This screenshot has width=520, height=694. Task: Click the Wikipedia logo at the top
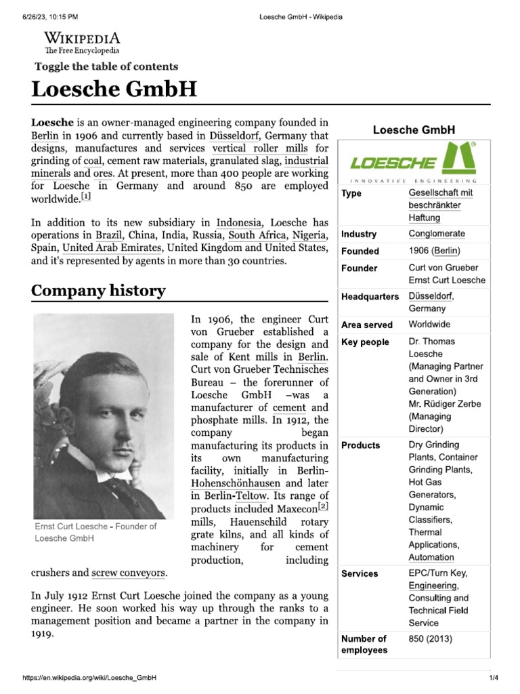point(82,42)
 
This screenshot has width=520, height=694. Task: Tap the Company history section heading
point(98,291)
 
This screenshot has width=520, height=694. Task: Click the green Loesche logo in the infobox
point(412,161)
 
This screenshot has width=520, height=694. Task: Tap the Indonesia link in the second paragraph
point(242,222)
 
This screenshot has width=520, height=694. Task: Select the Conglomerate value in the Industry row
point(437,234)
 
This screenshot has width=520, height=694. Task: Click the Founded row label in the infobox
point(360,251)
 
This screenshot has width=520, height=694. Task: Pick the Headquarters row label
point(370,297)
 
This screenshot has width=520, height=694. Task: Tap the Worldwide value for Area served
point(429,325)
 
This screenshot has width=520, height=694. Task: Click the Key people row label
point(365,342)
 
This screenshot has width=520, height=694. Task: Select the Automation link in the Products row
point(431,558)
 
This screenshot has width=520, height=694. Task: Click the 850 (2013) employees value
point(431,639)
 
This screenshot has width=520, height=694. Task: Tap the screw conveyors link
point(129,573)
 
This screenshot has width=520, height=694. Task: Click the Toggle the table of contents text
point(106,66)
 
